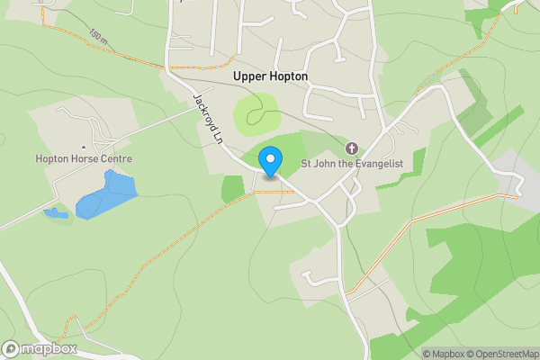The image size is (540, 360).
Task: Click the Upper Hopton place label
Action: pyautogui.click(x=270, y=76)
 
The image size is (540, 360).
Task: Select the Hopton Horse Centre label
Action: pyautogui.click(x=84, y=159)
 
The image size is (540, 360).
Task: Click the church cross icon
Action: pyautogui.click(x=352, y=148)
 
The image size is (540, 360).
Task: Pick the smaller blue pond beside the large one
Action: pyautogui.click(x=56, y=214)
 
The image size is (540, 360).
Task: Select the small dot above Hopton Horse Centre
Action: pyautogui.click(x=84, y=147)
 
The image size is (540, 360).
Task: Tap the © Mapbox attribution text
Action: pyautogui.click(x=445, y=354)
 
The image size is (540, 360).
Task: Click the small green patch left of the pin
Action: pyautogui.click(x=233, y=187)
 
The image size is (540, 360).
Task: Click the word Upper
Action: pyautogui.click(x=249, y=76)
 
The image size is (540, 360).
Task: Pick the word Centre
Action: pyautogui.click(x=117, y=159)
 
